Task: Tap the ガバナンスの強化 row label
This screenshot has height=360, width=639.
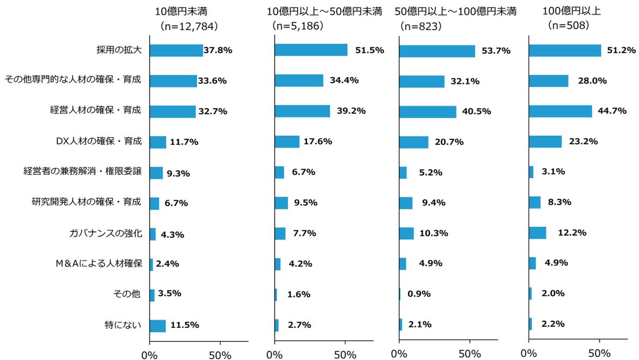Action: click(x=106, y=234)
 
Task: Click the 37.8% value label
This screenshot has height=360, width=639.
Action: click(x=218, y=51)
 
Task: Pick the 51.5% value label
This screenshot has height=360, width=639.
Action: click(x=369, y=51)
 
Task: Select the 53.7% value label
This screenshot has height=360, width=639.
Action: click(x=495, y=51)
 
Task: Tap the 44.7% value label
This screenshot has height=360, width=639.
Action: click(x=613, y=111)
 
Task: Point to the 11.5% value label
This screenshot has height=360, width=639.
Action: click(x=185, y=325)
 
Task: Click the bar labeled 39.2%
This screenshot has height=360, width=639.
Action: click(x=302, y=111)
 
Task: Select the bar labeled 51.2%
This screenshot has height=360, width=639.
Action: click(x=565, y=51)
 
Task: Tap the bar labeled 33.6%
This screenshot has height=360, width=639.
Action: click(x=173, y=81)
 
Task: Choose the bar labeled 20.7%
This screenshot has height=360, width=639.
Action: click(x=413, y=142)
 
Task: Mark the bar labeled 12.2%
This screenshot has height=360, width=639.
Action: click(x=537, y=233)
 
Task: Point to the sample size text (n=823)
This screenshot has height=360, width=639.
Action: click(x=420, y=25)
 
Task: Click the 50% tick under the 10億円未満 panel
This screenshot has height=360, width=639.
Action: click(x=220, y=355)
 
